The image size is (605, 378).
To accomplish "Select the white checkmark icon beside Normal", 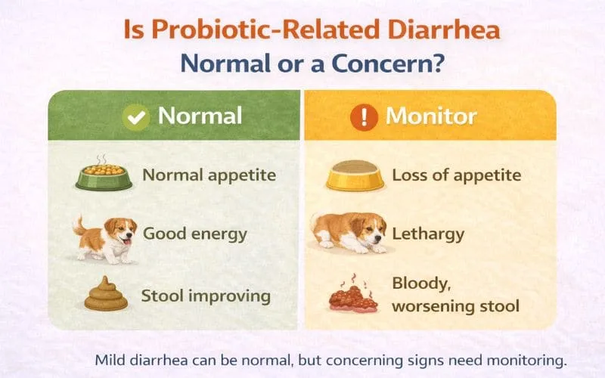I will click(x=137, y=117).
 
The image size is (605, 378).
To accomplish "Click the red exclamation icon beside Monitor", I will click(x=365, y=117).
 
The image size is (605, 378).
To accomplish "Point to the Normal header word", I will click(x=200, y=116).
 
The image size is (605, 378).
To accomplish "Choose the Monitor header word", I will click(x=431, y=116).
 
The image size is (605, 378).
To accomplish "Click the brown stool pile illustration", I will click(x=105, y=294).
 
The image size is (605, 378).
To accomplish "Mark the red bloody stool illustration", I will click(x=352, y=296).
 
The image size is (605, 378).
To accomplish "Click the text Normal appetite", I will click(x=209, y=175).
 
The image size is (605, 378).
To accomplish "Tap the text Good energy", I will click(x=195, y=233).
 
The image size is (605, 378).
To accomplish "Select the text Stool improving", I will click(x=206, y=295).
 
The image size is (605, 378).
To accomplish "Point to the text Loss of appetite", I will click(x=456, y=175).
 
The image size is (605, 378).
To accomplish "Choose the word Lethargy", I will click(x=428, y=234).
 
